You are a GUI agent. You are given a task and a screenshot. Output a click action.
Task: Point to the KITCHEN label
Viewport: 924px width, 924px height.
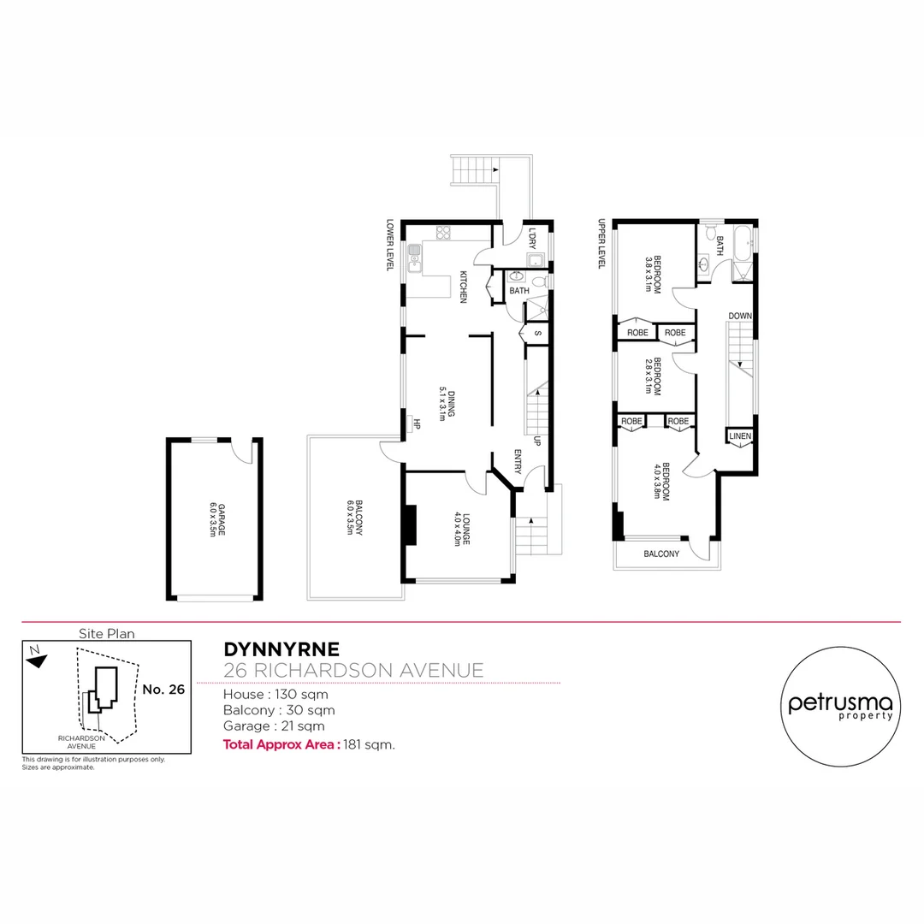tap(463, 287)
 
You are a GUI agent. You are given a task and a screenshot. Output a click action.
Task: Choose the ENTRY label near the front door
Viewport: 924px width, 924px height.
tap(517, 462)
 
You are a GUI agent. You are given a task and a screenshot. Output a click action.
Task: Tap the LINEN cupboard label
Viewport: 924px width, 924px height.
tap(740, 437)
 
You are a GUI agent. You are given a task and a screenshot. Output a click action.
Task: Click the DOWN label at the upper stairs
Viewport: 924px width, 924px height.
tap(740, 317)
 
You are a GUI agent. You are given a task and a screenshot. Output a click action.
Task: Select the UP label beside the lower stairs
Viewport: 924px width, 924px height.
tap(536, 442)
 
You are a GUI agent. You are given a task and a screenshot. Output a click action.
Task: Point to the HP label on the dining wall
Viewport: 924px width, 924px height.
tap(416, 423)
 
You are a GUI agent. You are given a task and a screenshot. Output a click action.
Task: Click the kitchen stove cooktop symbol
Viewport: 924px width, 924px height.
tap(443, 231)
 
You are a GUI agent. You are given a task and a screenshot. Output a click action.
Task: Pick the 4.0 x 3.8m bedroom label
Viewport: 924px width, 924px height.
tap(660, 482)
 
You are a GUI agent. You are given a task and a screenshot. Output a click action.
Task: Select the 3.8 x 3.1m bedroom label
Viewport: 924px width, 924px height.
tap(654, 275)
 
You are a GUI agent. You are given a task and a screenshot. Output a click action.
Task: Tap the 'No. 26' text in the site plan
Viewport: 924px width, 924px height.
tap(163, 690)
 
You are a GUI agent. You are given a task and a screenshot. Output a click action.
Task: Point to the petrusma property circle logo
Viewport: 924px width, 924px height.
tap(839, 702)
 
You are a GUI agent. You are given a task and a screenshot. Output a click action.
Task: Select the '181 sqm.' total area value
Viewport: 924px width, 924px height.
tap(369, 744)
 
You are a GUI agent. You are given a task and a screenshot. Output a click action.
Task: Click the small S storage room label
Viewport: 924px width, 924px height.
tap(537, 333)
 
